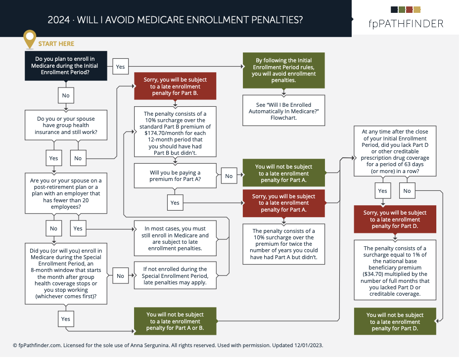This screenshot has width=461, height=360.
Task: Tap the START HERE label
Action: [x=56, y=44]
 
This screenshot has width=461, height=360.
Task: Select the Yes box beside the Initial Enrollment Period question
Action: [x=120, y=66]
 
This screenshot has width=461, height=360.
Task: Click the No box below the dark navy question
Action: [x=66, y=94]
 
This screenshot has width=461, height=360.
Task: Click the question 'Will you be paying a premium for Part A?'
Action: [x=175, y=176]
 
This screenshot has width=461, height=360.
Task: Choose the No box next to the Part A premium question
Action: [x=229, y=176]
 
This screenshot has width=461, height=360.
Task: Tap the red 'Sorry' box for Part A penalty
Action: [x=283, y=203]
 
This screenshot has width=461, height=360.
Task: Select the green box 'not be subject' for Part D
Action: [x=395, y=321]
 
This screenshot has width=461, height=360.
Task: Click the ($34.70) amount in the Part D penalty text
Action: [x=376, y=274]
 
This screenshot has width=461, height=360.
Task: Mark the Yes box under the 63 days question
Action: [x=383, y=191]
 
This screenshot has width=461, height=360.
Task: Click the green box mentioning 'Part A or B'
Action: [x=175, y=321]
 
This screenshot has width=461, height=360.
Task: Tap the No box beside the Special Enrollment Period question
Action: [x=120, y=276]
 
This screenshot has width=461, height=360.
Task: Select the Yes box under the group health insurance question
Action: [x=54, y=158]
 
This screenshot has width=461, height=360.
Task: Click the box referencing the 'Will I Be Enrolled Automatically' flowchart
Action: [x=283, y=110]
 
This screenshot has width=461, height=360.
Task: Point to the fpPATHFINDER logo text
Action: [x=406, y=23]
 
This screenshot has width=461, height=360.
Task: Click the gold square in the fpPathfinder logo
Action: [x=417, y=9]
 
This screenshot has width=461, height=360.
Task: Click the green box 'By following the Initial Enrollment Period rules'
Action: [x=283, y=70]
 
